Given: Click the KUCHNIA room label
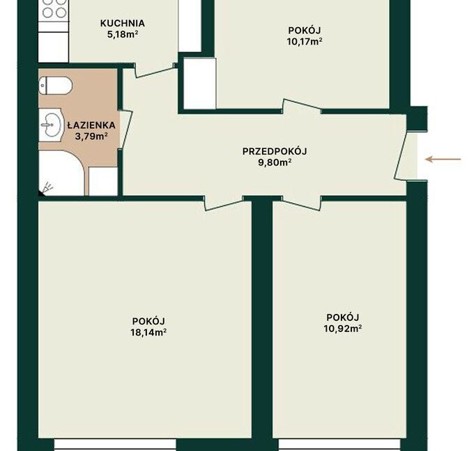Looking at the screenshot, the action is tap(123, 24).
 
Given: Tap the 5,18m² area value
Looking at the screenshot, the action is tap(123, 34).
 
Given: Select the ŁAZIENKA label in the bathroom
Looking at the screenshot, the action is tap(91, 125).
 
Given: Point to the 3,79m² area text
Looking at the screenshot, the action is tap(91, 136).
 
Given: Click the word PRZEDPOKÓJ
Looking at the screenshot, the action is tap(275, 151).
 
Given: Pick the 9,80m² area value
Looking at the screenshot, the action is tap(275, 162).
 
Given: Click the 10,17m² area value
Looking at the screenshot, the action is tap(305, 41).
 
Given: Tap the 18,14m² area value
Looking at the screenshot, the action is tap(148, 332).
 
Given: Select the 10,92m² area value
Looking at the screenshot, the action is tap(343, 329).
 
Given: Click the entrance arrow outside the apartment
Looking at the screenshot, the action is tap(443, 159).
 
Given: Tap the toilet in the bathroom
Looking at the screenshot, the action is tap(55, 85).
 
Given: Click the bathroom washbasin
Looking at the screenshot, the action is tap(51, 125).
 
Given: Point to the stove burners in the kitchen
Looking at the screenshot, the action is tap(54, 8).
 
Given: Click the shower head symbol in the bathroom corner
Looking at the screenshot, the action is tap(47, 189).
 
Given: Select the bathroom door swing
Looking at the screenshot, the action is tap(125, 129).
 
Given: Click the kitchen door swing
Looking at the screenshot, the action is tap(155, 70).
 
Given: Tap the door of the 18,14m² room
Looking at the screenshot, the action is tap(224, 203).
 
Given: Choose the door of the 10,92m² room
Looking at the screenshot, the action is tap(301, 203).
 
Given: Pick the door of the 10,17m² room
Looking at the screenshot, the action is tap(302, 106).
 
